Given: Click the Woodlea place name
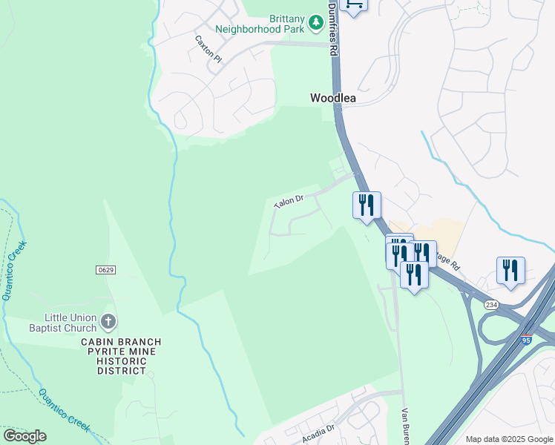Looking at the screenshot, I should point(333,98).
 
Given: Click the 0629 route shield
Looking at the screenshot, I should point(105,270).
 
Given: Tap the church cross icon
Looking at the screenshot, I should point(108,322).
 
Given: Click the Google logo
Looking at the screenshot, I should point(24,436).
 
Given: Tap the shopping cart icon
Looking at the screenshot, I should point(353,4).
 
